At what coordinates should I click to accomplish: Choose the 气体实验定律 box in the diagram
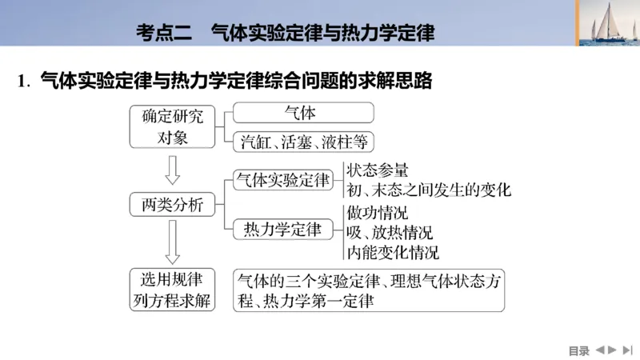click(282, 180)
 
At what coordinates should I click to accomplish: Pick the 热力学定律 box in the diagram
click(282, 230)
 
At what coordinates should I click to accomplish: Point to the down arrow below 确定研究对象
click(172, 169)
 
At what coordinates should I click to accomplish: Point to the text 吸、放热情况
click(390, 234)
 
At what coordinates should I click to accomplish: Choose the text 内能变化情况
click(393, 254)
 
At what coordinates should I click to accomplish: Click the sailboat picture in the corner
click(607, 23)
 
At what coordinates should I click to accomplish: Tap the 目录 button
click(578, 350)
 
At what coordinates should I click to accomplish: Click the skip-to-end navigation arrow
click(627, 350)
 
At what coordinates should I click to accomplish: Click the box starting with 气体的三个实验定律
click(369, 290)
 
